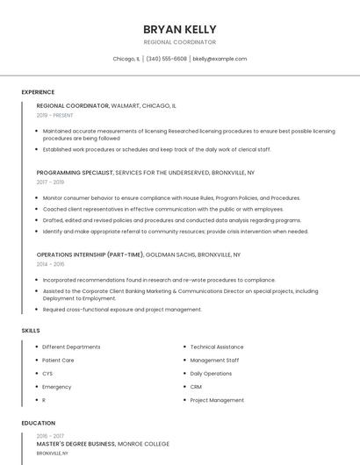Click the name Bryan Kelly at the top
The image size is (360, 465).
179,29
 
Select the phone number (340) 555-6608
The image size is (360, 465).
166,59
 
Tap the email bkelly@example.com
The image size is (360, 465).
220,59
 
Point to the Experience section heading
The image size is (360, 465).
38,92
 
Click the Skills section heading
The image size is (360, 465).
31,330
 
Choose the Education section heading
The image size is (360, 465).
38,423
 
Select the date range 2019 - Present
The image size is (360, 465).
54,115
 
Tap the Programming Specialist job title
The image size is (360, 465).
75,173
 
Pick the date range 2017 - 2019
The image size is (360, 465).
50,182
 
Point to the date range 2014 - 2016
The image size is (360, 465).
50,264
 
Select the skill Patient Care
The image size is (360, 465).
58,360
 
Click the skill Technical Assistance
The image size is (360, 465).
217,347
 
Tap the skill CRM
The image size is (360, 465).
196,386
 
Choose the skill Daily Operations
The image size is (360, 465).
211,373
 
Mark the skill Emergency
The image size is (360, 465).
57,386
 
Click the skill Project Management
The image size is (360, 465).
217,400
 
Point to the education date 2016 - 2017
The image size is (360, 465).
50,435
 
